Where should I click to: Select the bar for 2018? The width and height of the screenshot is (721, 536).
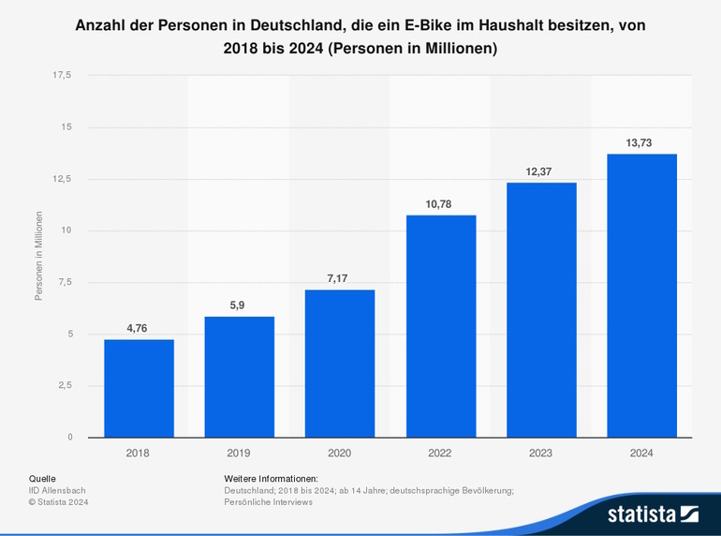coord(139,388)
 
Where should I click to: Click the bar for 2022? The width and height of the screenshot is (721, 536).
coord(440,326)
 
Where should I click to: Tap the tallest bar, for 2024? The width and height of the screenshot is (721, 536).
coord(641,295)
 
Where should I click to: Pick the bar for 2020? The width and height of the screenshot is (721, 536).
coord(340,364)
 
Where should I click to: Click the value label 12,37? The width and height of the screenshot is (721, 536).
coord(540,171)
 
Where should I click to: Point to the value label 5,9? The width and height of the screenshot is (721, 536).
coord(239,305)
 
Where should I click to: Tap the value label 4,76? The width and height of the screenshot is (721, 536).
coord(139,328)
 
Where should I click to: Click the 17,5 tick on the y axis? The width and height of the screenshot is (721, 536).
coord(62,75)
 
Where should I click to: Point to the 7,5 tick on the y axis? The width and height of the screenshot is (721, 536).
coord(65,282)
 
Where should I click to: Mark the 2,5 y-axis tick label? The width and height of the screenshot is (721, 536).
coord(65,385)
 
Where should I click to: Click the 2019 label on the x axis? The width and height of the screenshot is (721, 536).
coord(239,453)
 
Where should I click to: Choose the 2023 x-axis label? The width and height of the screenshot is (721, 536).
coord(540,453)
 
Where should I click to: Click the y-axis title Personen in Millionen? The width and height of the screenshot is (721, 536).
coord(38,256)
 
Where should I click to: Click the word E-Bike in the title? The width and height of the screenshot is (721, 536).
coord(436,26)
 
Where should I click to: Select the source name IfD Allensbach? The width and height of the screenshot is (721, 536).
coord(59,490)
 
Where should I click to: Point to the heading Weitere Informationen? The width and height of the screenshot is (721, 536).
coord(272,478)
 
